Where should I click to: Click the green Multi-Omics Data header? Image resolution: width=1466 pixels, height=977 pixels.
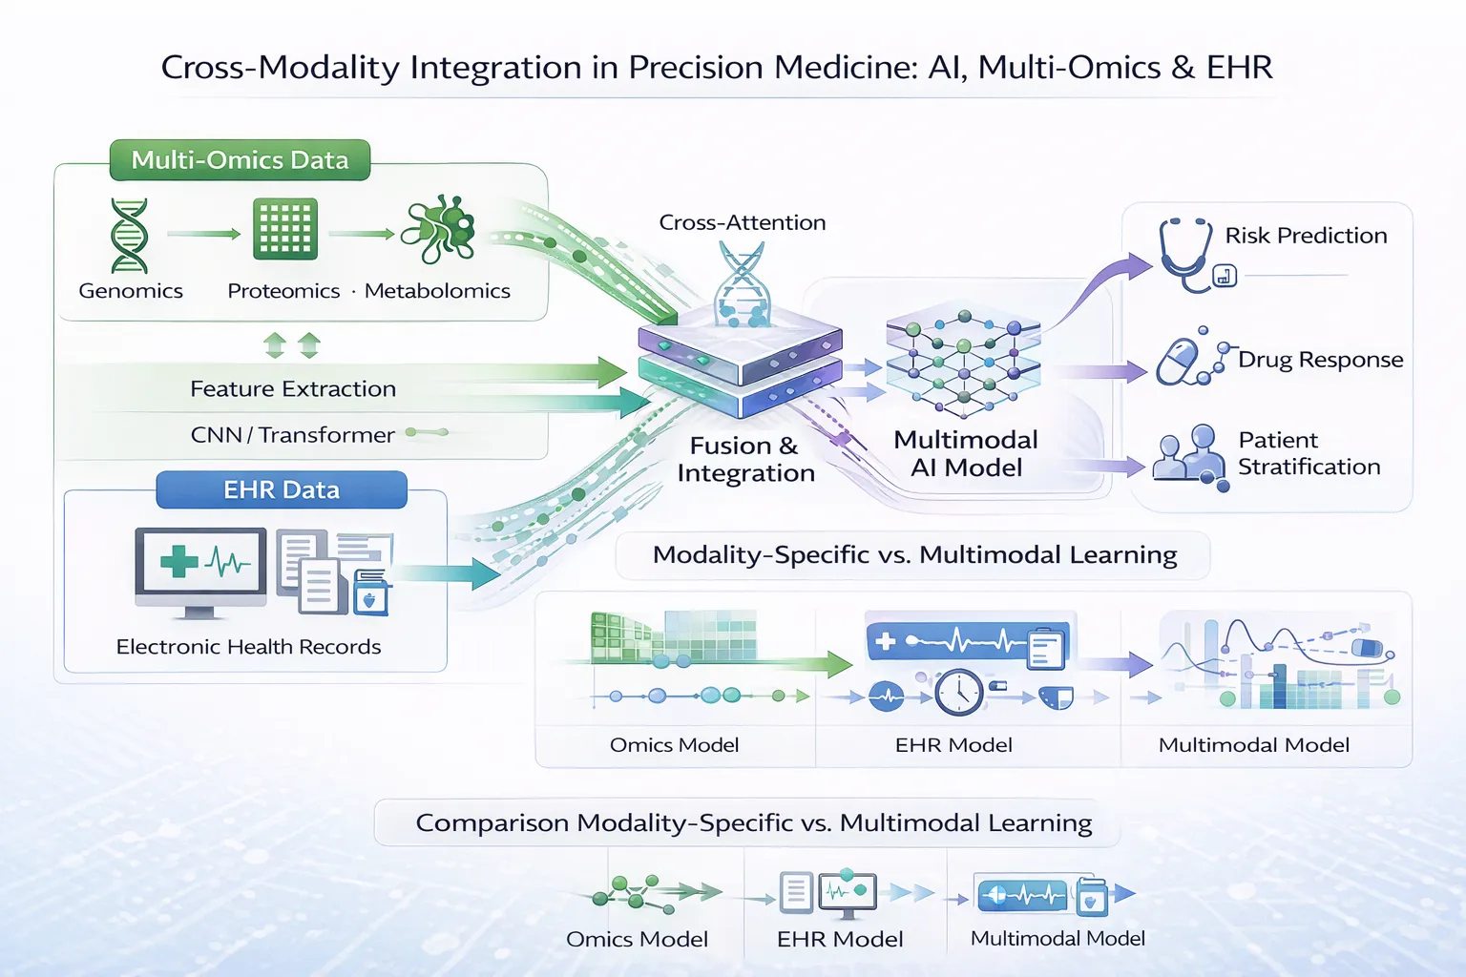240,160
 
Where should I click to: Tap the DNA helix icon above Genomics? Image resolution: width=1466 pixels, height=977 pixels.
129,236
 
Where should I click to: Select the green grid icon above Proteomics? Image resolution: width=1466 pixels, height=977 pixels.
284,229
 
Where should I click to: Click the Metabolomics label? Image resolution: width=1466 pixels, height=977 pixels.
437,291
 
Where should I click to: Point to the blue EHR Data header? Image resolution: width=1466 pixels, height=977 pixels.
282,489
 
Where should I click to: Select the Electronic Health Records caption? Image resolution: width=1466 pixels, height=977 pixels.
248,647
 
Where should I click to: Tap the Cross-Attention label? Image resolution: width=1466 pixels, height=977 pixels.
742,222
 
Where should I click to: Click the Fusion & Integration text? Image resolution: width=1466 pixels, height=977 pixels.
745,459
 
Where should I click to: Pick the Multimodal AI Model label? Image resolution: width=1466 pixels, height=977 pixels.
966,453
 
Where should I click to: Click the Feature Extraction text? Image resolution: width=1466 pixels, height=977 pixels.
292,389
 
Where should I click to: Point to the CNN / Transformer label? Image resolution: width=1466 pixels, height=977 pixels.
292,435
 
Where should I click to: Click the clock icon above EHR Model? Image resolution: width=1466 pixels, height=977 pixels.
958,693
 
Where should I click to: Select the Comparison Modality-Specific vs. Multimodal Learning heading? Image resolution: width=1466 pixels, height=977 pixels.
753,822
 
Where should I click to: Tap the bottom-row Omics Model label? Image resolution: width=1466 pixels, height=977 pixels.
637,939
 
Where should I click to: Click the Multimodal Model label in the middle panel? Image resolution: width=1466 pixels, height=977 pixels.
1253,745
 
